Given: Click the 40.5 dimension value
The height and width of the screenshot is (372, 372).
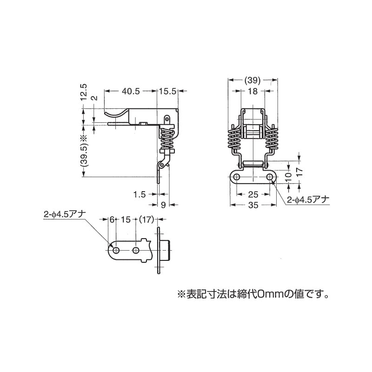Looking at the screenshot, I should tap(131, 92).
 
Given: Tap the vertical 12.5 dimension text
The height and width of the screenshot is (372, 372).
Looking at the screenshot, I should tap(83, 93).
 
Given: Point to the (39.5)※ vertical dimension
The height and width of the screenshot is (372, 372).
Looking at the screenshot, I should tap(83, 152).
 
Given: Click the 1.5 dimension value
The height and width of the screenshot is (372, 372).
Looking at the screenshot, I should tap(139, 194).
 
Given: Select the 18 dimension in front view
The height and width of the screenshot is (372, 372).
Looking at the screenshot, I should tap(253, 92).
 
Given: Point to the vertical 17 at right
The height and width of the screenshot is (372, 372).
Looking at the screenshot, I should tap(300, 171).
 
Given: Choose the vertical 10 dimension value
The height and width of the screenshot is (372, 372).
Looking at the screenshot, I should tap(289, 176).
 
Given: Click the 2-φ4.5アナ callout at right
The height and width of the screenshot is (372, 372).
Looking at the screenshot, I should tap(307, 199).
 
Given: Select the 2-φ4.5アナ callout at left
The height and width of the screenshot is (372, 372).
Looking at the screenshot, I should tap(64, 215).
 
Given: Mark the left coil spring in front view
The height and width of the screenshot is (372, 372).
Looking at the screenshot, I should tap(234, 139).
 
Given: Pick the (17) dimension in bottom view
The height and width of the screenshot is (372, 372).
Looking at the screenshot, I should tap(146, 220).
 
